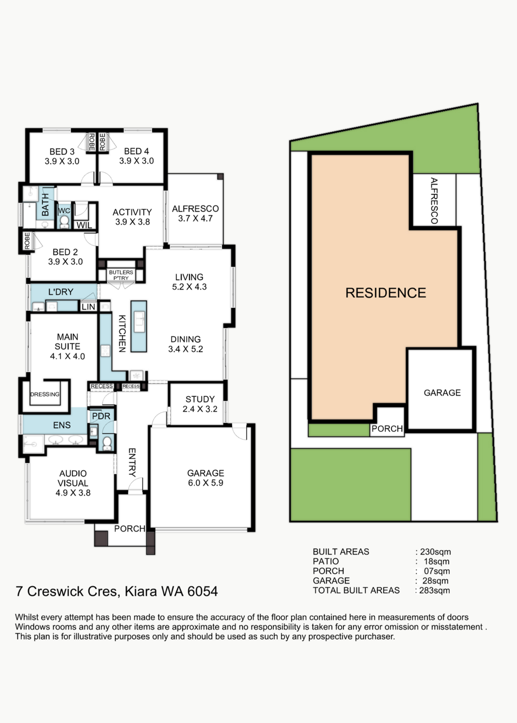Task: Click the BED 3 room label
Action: point(62,157)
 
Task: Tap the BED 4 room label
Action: point(136,156)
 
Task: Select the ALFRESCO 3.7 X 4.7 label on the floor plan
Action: point(195,213)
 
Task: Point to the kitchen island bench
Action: point(139,326)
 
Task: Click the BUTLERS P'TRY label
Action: point(121,275)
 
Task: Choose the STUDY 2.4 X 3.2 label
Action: point(200,404)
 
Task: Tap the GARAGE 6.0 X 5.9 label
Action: point(206,478)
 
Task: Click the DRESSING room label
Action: point(45,394)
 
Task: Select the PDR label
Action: point(101,416)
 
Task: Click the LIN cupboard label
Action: point(88,307)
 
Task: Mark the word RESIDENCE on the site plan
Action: point(386,293)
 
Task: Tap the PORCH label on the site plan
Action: point(387,429)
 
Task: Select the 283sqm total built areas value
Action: point(435,590)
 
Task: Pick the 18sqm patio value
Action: point(437,562)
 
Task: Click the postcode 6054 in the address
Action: point(203,591)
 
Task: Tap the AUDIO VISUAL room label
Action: point(73,483)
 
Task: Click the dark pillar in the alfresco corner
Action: point(220,176)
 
